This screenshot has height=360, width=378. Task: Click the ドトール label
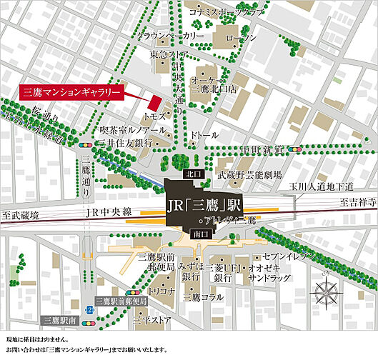(x=205, y=135)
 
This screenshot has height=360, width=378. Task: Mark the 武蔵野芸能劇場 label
(x=249, y=174)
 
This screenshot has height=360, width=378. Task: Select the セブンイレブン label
(x=287, y=256)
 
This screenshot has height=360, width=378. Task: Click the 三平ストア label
(x=156, y=319)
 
